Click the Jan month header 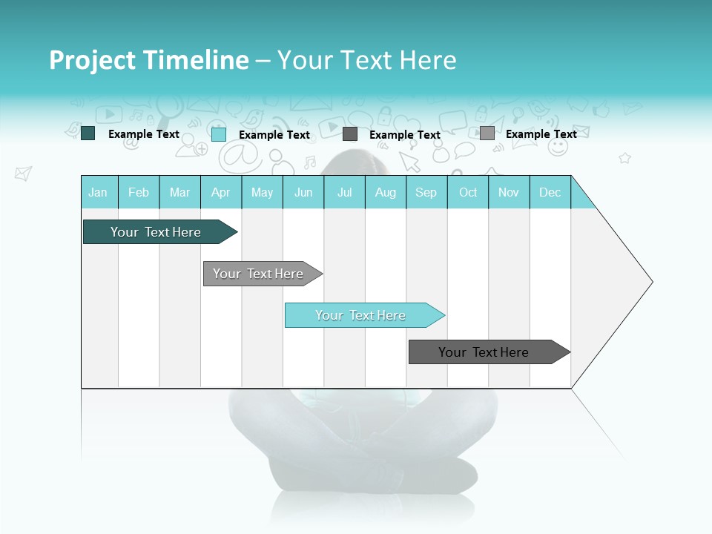coord(99,192)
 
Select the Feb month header coord(139,192)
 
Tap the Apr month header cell coord(221,192)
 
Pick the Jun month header coord(303,192)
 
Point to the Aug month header coord(386,192)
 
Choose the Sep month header coord(426,192)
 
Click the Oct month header coord(468,192)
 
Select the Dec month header coord(550,192)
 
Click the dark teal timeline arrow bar coord(156,232)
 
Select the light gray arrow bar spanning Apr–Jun coord(259,274)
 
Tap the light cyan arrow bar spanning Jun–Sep coord(361,315)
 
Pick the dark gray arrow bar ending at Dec coord(484,352)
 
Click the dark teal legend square coord(88,133)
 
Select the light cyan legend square coord(219,134)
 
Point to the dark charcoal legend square coord(350,134)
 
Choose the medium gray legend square coord(487,133)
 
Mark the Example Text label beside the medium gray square coord(541,134)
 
